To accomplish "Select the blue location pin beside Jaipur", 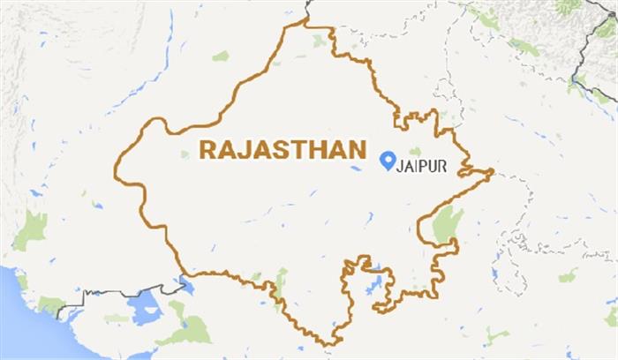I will coord(387,160).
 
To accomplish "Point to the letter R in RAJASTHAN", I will coord(208,148).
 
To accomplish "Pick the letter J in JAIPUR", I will coord(403,164).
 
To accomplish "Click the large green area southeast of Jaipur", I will coord(447,224).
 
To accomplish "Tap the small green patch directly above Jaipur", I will coord(413,151).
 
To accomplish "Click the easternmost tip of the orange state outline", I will coord(492,169).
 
